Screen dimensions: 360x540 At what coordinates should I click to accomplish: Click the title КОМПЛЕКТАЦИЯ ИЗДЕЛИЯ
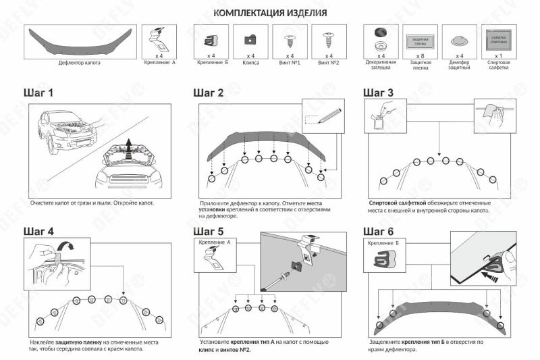pos(270,13)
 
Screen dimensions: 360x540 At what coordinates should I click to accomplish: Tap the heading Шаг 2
pos(208,93)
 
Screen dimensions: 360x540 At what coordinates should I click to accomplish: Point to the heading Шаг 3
pos(378,93)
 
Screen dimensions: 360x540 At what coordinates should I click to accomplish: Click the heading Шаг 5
pos(208,231)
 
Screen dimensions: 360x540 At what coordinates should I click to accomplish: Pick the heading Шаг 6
pos(378,231)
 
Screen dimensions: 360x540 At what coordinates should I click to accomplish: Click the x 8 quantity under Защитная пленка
pos(420,55)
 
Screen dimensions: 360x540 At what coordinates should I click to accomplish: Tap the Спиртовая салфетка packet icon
pos(497,39)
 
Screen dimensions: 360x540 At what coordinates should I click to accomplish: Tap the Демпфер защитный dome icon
pos(458,40)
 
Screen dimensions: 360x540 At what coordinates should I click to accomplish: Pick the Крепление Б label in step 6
pos(384,242)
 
